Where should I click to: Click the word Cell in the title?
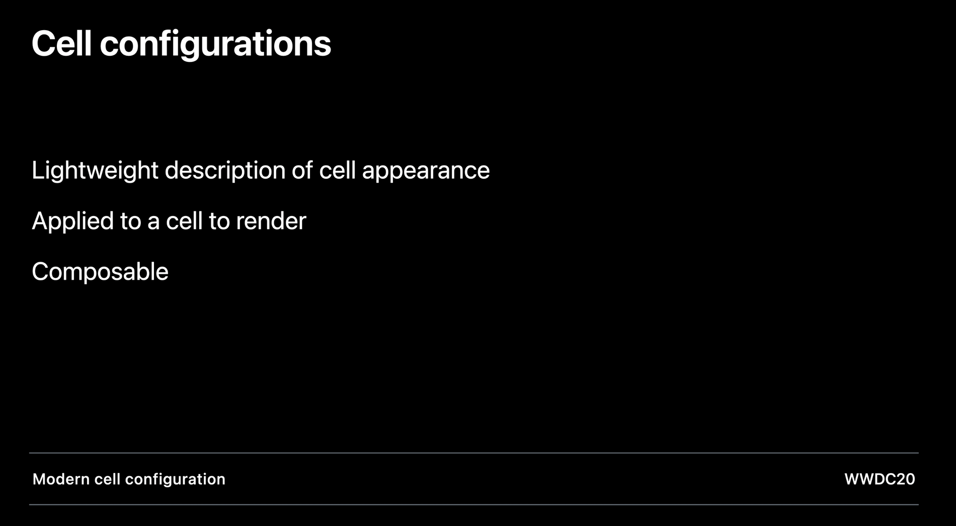pos(62,43)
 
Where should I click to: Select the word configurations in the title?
pos(215,46)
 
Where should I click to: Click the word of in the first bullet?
pos(302,170)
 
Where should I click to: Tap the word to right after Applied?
pos(130,221)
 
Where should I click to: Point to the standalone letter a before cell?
pos(153,223)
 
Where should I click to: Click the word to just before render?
pos(219,221)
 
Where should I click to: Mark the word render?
pos(271,221)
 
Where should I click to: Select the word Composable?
pos(100,272)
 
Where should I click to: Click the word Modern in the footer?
pos(60,479)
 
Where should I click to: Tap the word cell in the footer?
pos(107,479)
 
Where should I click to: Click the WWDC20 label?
pos(880,479)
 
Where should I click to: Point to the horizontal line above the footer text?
pos(474,453)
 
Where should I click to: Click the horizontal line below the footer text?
pos(474,504)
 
